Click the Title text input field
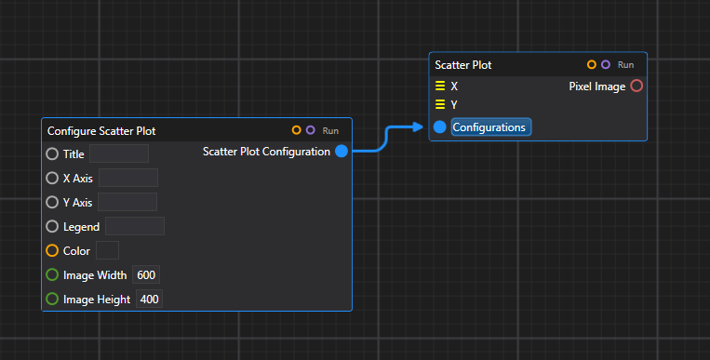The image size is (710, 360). (x=118, y=153)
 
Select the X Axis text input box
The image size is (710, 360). (x=127, y=178)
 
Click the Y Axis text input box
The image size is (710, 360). (x=127, y=202)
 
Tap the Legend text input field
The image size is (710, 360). (x=135, y=226)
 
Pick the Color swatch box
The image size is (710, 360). (x=107, y=250)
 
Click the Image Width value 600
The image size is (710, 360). (x=146, y=274)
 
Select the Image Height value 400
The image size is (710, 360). (x=149, y=300)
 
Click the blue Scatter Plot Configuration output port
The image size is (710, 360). (x=342, y=152)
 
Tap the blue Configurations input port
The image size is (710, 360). (x=440, y=127)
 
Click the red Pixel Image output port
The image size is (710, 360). (x=636, y=87)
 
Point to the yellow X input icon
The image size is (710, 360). (x=440, y=87)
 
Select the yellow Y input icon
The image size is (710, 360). (x=440, y=105)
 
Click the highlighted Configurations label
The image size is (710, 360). (x=490, y=127)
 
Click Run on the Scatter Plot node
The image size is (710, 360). (x=626, y=66)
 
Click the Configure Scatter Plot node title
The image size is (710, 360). (x=108, y=131)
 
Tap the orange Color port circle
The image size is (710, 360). (x=52, y=250)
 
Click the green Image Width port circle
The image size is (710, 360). (x=52, y=274)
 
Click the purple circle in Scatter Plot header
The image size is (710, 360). (x=606, y=65)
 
